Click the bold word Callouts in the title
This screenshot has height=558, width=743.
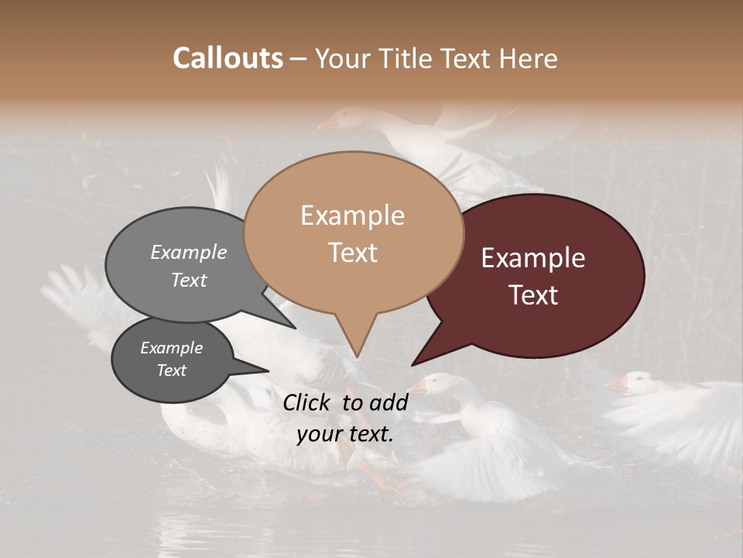click(228, 58)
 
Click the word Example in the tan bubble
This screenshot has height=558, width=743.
click(352, 215)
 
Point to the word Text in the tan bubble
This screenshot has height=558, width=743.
click(353, 253)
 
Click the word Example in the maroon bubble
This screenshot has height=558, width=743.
click(533, 258)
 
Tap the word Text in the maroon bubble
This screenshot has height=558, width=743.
click(534, 295)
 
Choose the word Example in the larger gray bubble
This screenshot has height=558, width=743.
click(189, 252)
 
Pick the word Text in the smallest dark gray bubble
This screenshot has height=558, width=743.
click(172, 370)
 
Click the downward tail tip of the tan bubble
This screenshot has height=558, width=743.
click(356, 357)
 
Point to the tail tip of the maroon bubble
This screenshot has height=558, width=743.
click(413, 364)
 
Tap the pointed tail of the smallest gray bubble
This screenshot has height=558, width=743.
click(269, 370)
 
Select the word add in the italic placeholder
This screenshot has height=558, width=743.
click(389, 402)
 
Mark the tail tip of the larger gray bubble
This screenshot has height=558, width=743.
click(295, 328)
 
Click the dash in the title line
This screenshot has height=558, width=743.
click(300, 59)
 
